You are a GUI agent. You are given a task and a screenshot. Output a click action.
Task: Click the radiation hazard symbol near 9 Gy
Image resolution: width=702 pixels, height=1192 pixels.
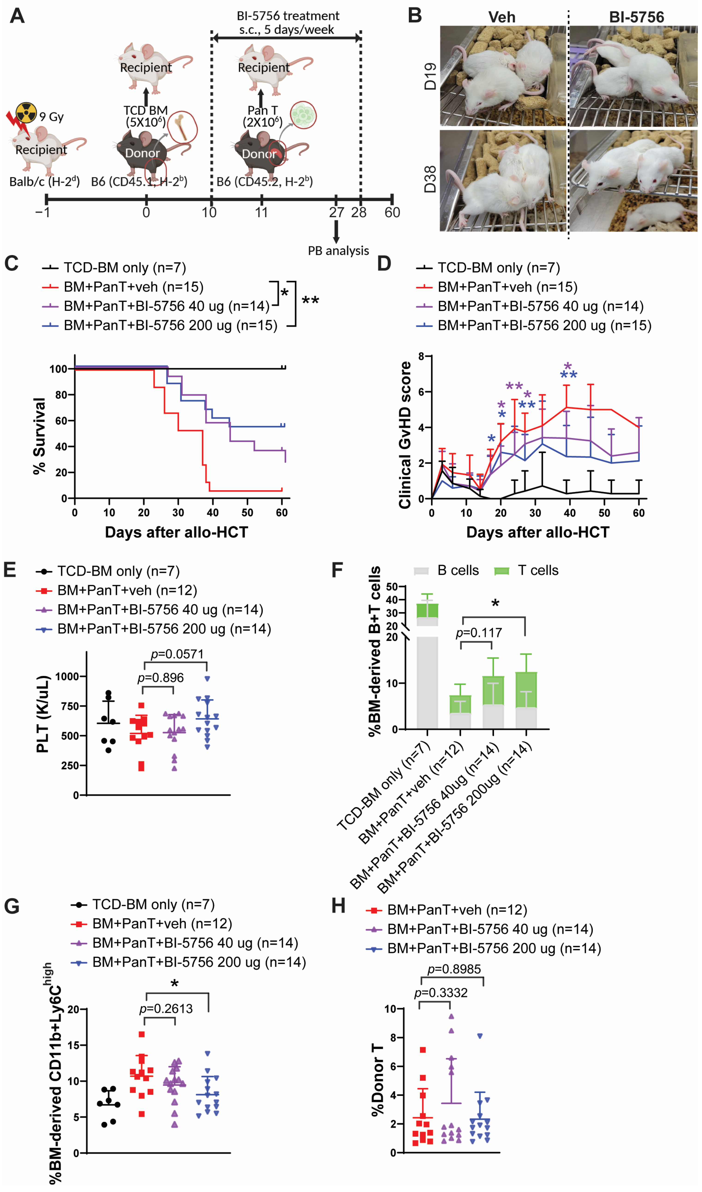point(26,113)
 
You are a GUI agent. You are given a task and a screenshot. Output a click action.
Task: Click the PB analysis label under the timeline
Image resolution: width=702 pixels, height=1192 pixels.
point(338,251)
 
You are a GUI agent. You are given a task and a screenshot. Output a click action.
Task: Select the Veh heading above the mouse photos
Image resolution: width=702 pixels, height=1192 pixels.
point(501,18)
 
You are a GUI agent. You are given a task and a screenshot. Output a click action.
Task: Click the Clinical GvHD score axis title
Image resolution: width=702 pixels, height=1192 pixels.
point(405,435)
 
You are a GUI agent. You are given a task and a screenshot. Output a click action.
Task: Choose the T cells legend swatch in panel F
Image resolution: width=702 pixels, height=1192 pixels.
point(501,571)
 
